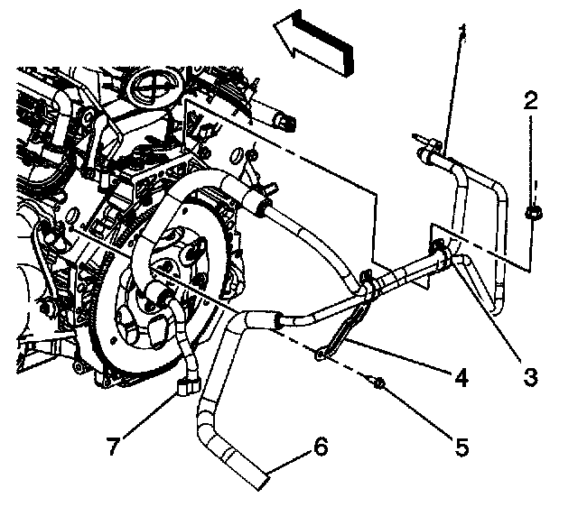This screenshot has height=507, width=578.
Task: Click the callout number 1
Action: coord(462,33)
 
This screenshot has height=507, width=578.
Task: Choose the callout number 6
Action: coord(321,445)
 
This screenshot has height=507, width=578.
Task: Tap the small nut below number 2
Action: coord(532,214)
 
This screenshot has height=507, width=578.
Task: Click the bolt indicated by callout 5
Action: coord(380,384)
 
